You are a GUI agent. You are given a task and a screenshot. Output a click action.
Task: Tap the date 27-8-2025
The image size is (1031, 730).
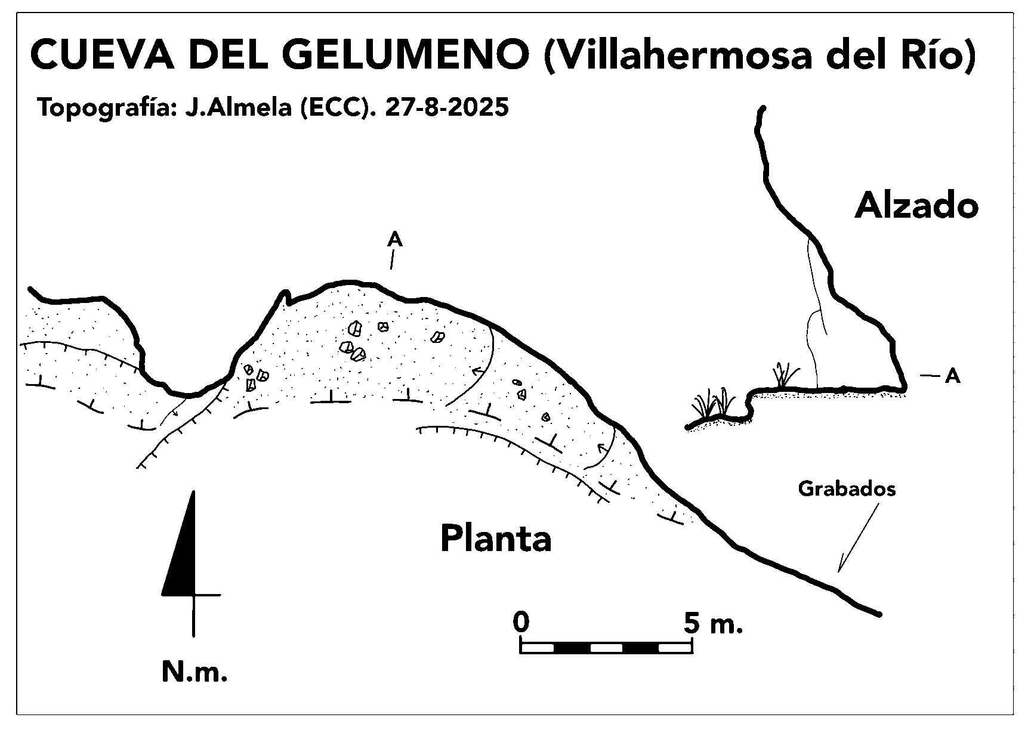(x=447, y=107)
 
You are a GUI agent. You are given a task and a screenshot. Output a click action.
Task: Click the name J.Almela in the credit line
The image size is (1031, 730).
(x=239, y=107)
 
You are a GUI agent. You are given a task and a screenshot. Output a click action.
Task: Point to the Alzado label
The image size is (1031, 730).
(x=916, y=206)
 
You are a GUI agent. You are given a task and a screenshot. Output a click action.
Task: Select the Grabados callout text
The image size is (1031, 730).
(x=847, y=489)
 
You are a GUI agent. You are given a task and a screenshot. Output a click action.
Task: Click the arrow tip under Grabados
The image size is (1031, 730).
(x=839, y=571)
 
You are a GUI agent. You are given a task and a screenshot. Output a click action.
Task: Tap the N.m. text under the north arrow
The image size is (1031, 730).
(x=195, y=672)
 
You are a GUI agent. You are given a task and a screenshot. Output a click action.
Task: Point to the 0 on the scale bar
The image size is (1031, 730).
(x=521, y=623)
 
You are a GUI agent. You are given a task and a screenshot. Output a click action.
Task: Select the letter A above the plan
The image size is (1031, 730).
(x=394, y=240)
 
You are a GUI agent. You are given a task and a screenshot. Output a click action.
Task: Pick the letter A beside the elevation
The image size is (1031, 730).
(x=952, y=376)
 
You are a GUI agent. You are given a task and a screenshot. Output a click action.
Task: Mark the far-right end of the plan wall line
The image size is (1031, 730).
(x=878, y=614)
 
